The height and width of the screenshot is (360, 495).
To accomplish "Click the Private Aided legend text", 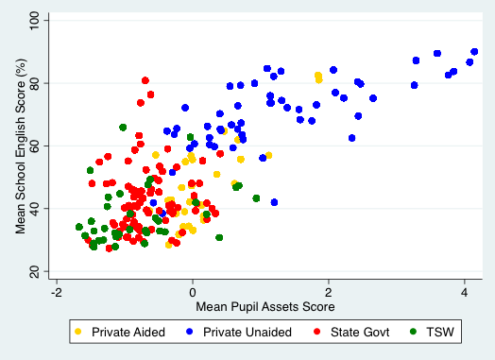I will coord(124,333).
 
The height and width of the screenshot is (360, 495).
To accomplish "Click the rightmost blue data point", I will coord(474,52).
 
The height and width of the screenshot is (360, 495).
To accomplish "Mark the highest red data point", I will coord(145,80).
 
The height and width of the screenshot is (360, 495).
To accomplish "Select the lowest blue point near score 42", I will coord(274,202).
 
